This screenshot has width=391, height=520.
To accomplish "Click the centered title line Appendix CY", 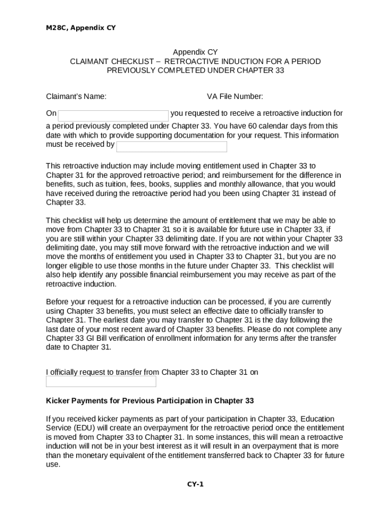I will click(x=195, y=52).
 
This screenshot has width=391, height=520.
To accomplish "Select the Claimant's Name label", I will click(x=76, y=96).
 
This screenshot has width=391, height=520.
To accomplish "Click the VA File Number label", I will click(x=235, y=96).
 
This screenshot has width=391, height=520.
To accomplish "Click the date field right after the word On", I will click(x=113, y=115).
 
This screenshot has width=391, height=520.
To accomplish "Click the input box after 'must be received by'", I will click(x=172, y=147).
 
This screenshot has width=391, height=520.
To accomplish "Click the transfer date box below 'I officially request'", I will click(x=101, y=381).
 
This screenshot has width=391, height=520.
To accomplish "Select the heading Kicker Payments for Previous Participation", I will click(x=150, y=401).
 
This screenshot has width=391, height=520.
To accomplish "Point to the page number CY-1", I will click(x=195, y=484).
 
